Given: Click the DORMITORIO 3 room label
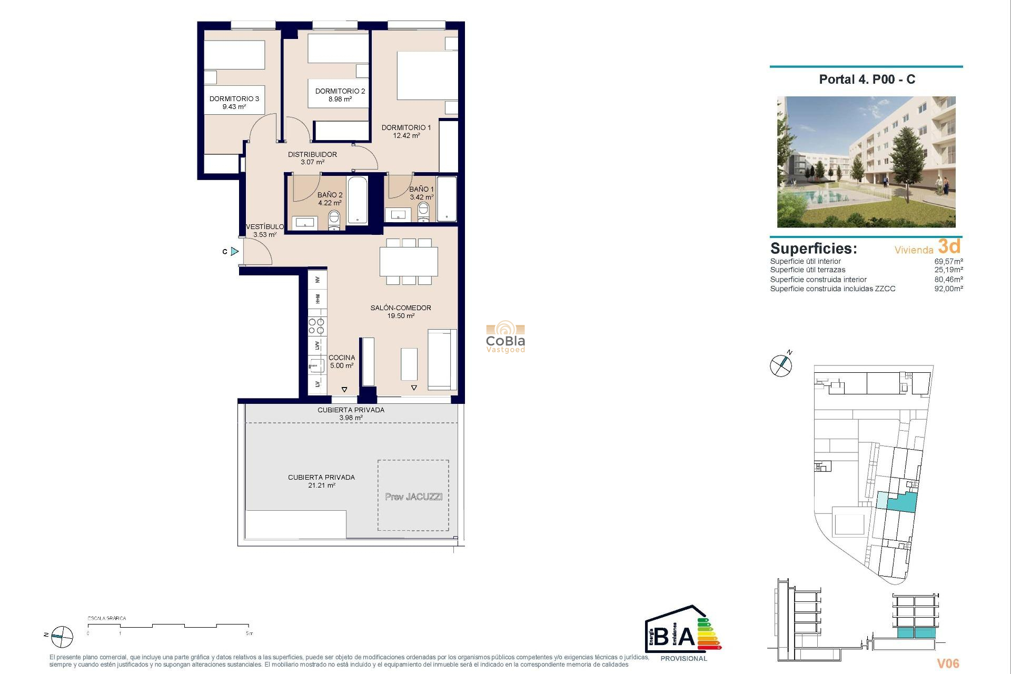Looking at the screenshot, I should click(x=234, y=98).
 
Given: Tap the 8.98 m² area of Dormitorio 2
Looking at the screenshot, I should click(x=340, y=99).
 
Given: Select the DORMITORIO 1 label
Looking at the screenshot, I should click(x=406, y=127).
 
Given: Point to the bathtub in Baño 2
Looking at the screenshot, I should click(x=358, y=201).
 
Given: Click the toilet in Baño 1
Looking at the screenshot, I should click(x=423, y=212).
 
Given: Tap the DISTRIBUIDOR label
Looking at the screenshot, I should click(x=312, y=154).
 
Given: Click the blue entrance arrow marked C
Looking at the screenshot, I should click(x=235, y=252).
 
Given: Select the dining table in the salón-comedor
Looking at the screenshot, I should click(x=409, y=262).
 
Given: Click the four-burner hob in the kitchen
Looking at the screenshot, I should click(x=316, y=326).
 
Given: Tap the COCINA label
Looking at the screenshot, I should click(x=342, y=358).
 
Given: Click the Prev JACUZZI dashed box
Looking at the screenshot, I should click(x=413, y=495).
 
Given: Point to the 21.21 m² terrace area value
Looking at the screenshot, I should click(x=322, y=485).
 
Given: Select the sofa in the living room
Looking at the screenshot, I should click(x=442, y=359).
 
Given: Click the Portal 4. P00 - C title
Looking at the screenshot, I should click(x=867, y=80).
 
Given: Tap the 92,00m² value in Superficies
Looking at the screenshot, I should click(x=948, y=289).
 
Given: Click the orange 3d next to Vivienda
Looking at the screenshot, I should click(x=949, y=246).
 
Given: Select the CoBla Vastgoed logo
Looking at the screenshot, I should click(x=506, y=337).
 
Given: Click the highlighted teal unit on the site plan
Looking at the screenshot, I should click(x=901, y=502).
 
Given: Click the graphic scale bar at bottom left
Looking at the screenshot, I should click(x=168, y=626).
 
